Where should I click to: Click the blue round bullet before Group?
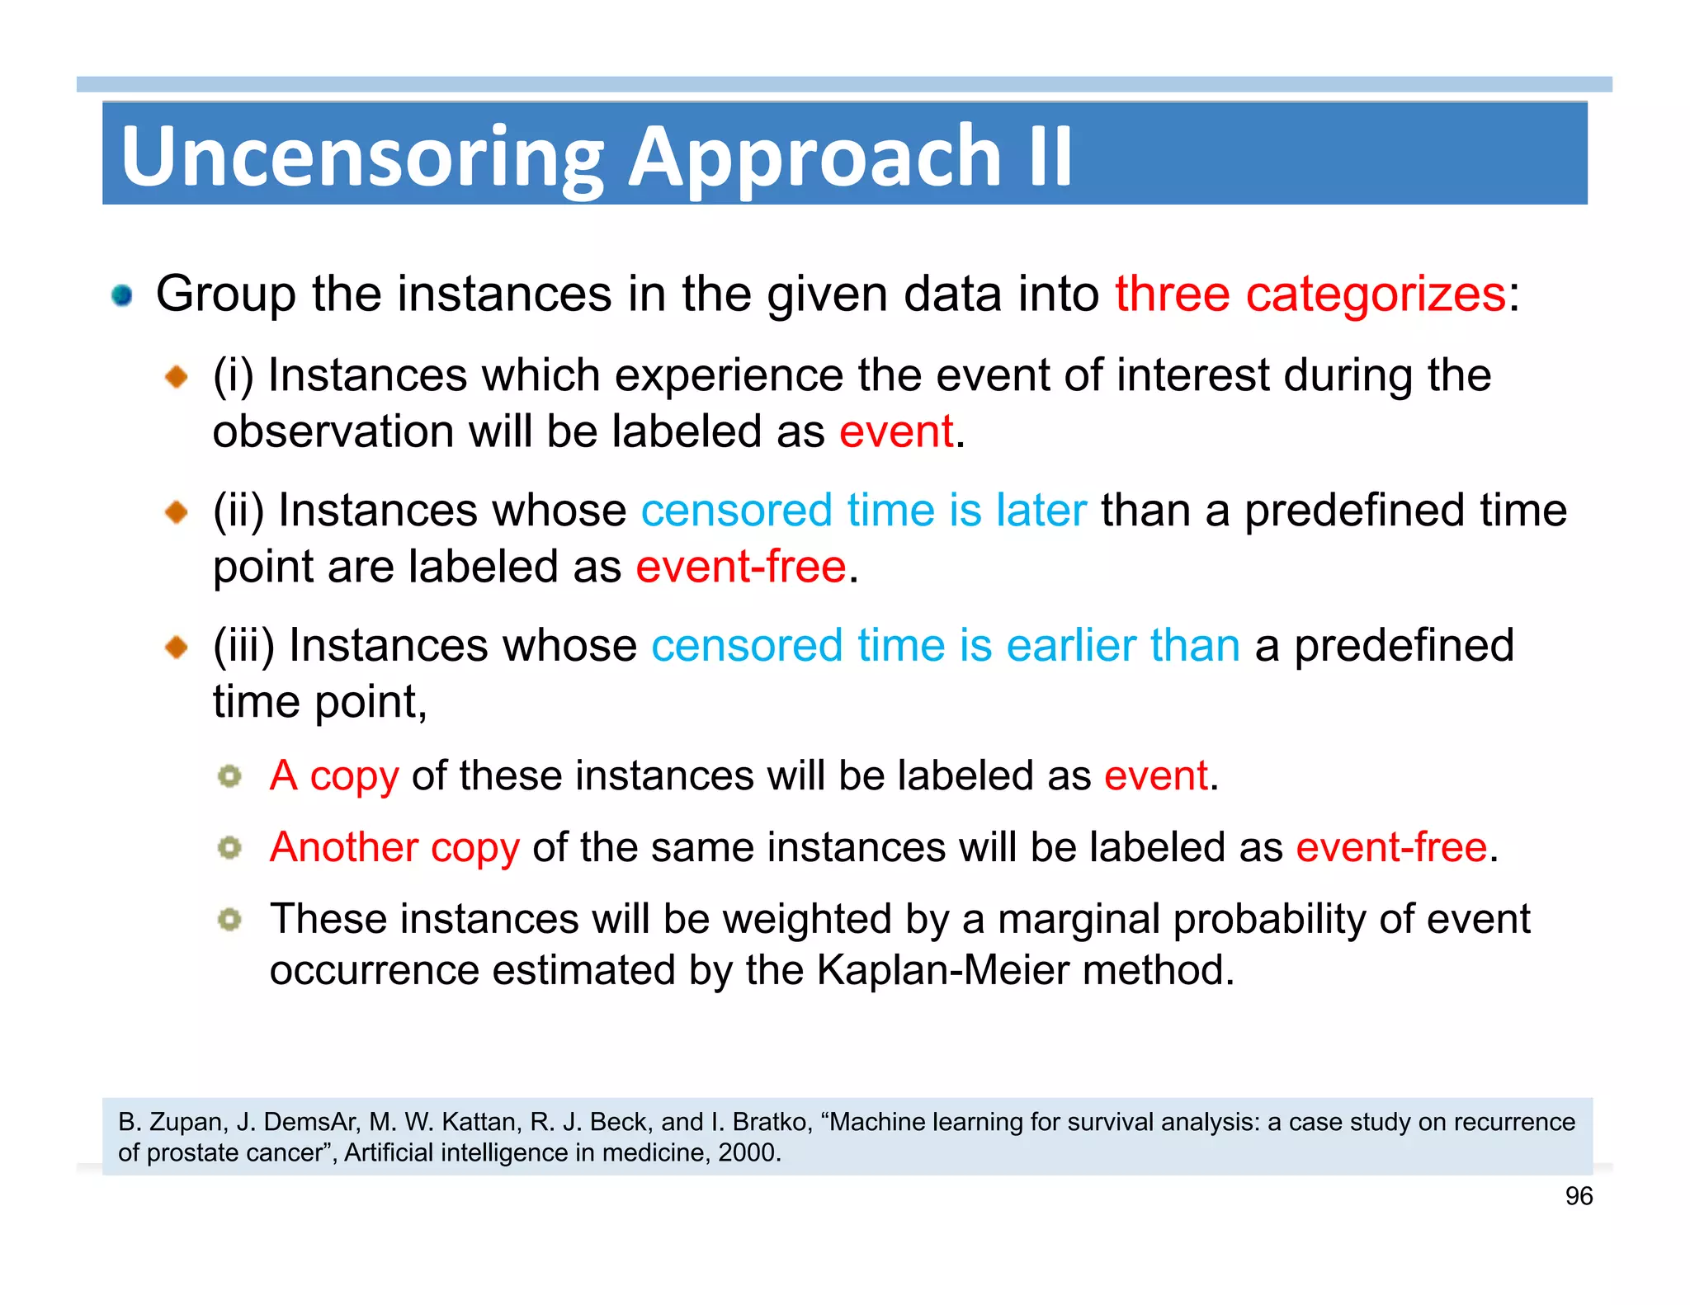pyautogui.click(x=122, y=295)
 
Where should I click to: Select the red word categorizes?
pyautogui.click(x=1376, y=294)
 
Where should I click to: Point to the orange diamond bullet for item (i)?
pyautogui.click(x=177, y=377)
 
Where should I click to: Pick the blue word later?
pyautogui.click(x=1041, y=510)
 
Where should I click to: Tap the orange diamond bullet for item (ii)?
pyautogui.click(x=177, y=512)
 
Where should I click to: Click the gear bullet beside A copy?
pyautogui.click(x=229, y=776)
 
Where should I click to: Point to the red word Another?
pyautogui.click(x=344, y=847)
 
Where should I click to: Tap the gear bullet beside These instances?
pyautogui.click(x=229, y=919)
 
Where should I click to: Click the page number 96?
pyautogui.click(x=1579, y=1196)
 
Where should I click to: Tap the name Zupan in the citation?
pyautogui.click(x=186, y=1123)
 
